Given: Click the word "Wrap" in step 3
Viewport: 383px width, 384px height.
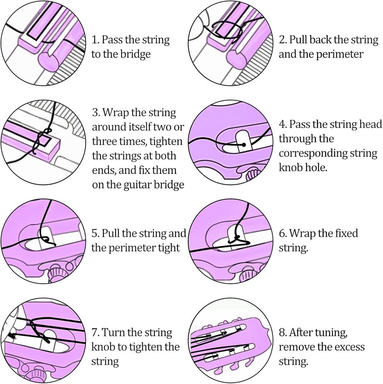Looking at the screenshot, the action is (x=115, y=113).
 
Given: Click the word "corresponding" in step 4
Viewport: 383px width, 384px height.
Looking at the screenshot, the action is (x=313, y=154).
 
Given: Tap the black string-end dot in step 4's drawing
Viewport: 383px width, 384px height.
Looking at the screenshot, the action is (x=244, y=145).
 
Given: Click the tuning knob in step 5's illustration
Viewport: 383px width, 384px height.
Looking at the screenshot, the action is (x=56, y=272).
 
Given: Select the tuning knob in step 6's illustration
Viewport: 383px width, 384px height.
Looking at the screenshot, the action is (x=248, y=274).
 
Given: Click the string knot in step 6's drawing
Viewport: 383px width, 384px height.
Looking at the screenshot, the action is (x=237, y=239).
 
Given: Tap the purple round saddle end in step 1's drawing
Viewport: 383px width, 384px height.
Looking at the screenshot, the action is (x=49, y=61).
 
